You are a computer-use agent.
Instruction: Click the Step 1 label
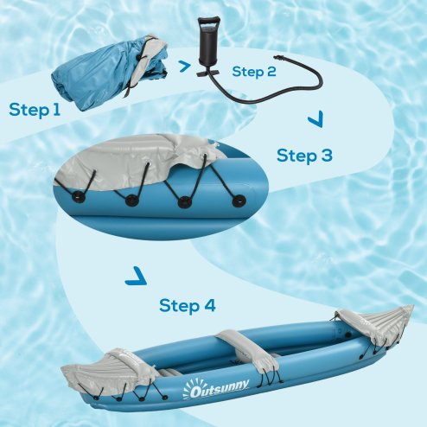[35, 110]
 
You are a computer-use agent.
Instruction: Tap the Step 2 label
[253, 72]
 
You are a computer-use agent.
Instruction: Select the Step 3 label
[304, 156]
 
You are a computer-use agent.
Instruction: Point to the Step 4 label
[188, 305]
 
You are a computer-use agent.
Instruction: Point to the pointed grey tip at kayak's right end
[406, 313]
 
